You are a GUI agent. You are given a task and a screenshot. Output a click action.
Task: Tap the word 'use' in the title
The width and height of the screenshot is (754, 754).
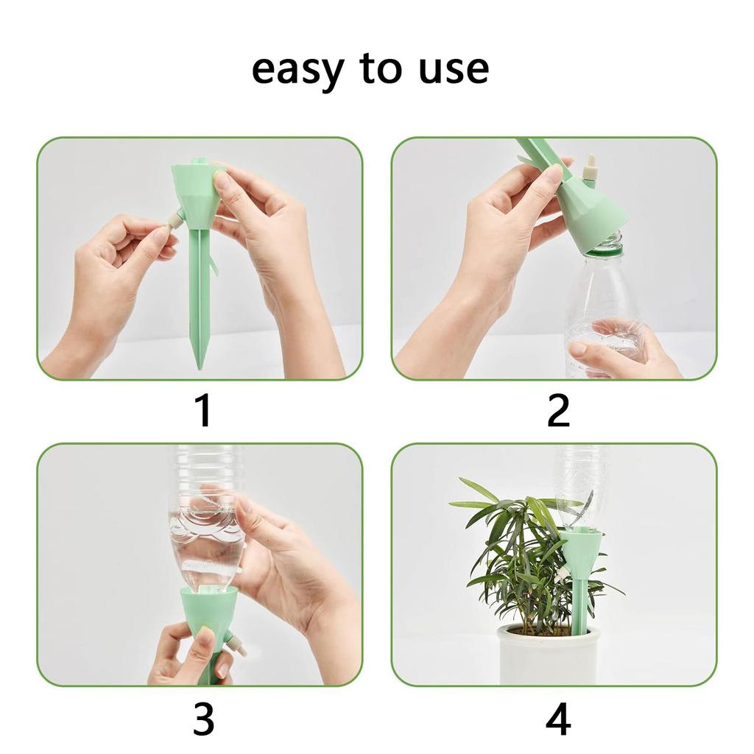pyautogui.click(x=451, y=69)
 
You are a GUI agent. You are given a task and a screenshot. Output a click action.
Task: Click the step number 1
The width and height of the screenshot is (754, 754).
pyautogui.click(x=203, y=411)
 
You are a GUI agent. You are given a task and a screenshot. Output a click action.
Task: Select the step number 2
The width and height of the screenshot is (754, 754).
pyautogui.click(x=558, y=411)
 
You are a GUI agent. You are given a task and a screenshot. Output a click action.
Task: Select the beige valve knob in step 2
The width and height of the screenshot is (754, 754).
pyautogui.click(x=589, y=169)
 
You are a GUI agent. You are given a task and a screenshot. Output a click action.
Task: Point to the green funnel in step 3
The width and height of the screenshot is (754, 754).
pyautogui.click(x=209, y=607)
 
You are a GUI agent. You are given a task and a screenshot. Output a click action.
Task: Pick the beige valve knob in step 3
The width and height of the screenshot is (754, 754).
pyautogui.click(x=236, y=646)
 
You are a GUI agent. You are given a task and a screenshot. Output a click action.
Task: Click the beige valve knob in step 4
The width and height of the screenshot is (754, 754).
pyautogui.click(x=561, y=571)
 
